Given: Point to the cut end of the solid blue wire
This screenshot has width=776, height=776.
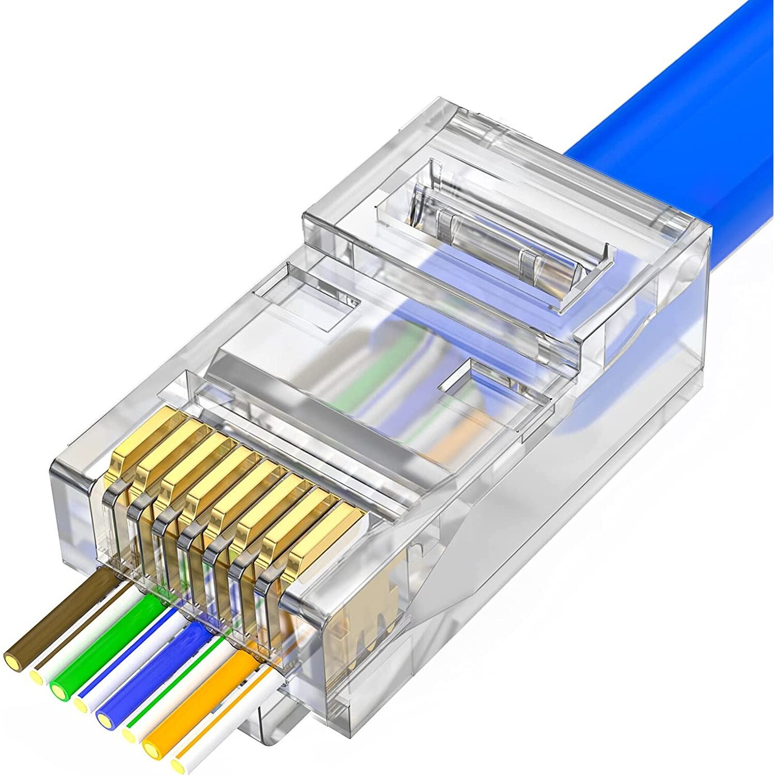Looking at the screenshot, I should pos(106,718).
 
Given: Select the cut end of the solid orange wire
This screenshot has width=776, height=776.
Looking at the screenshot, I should pos(153,746).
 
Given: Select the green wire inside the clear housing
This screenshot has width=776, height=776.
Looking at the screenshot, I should pos(362,383).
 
